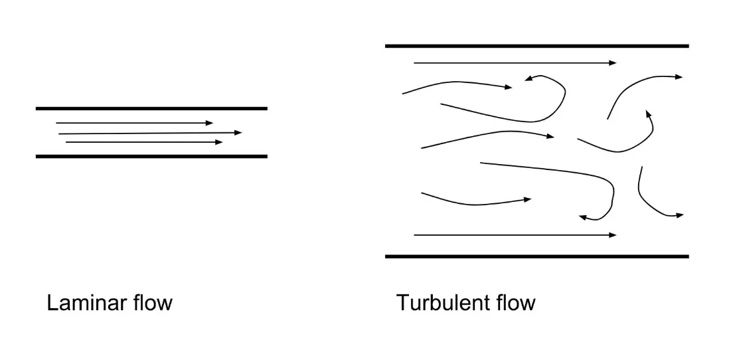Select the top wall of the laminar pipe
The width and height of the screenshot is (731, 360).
(x=151, y=108)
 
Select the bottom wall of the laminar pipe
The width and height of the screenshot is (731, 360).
(x=151, y=156)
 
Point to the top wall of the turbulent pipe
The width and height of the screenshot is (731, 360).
(x=536, y=46)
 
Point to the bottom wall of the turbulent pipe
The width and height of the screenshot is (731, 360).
(x=536, y=256)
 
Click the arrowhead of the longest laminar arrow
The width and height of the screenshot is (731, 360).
(x=239, y=133)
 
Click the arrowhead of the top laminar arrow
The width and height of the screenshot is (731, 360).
(x=210, y=123)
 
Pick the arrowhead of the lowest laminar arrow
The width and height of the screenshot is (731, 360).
(x=220, y=142)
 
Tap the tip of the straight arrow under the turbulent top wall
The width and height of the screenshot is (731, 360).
(x=613, y=63)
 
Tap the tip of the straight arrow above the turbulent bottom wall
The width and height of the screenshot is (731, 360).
(x=613, y=235)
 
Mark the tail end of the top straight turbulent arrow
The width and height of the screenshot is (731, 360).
(x=414, y=63)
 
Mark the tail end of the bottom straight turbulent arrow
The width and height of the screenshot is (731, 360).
(x=414, y=235)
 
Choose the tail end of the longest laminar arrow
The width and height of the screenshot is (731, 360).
(x=59, y=134)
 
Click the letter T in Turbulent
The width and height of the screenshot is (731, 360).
(x=403, y=304)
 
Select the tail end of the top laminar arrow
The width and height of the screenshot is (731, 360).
(x=57, y=123)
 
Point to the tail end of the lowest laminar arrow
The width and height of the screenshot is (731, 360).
(x=66, y=142)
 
